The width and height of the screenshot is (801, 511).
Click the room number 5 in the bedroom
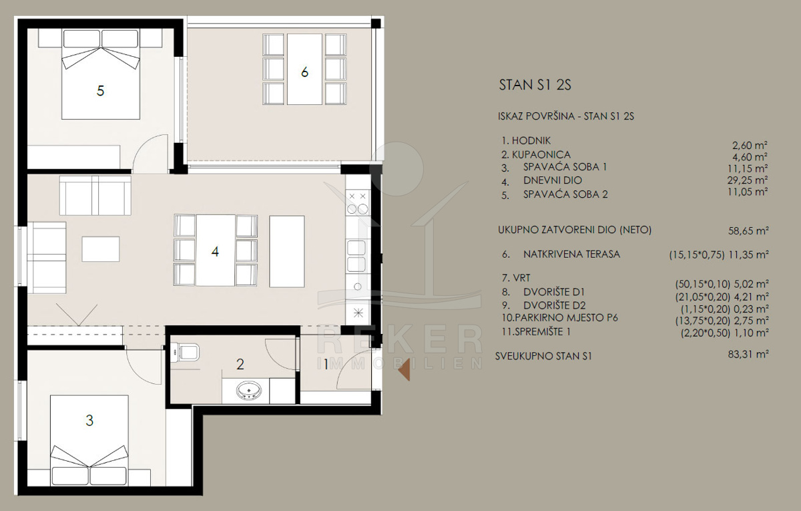[101, 91]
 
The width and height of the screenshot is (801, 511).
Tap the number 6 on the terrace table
[304, 72]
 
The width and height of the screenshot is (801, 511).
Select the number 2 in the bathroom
[240, 364]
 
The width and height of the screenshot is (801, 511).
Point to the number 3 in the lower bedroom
[89, 420]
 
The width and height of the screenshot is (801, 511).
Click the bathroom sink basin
[248, 390]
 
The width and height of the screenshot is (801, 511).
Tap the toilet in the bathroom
[185, 352]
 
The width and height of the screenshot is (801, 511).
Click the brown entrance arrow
[404, 370]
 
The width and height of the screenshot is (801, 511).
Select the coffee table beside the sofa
[101, 248]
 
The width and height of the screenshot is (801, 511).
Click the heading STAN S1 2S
[535, 86]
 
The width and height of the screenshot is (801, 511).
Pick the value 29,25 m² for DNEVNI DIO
[748, 180]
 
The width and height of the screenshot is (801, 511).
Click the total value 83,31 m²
[748, 354]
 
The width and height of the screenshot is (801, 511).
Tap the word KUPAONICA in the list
[541, 154]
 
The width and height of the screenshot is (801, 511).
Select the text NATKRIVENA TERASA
[571, 254]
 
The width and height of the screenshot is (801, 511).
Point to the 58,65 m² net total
[748, 231]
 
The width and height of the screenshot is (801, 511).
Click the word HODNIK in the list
[531, 141]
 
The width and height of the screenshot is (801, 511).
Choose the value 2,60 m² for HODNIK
[750, 146]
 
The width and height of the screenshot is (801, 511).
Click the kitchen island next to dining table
[287, 251]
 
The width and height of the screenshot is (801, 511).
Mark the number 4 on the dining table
[215, 252]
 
